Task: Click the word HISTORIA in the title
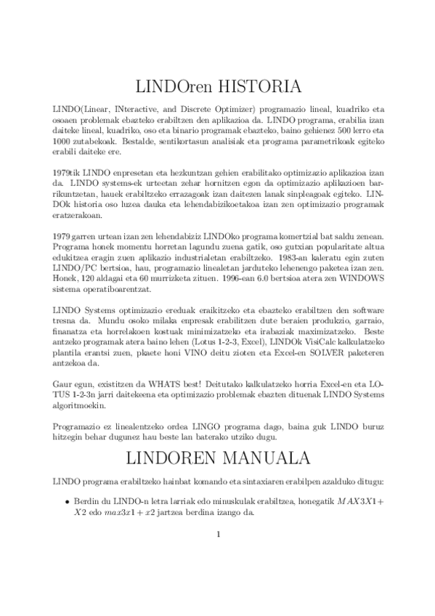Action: click(x=256, y=88)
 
